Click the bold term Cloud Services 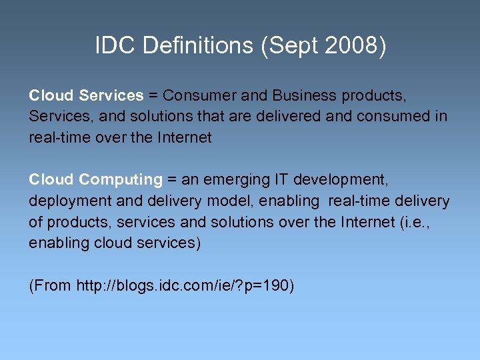86,95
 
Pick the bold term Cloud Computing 95,179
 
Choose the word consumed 396,117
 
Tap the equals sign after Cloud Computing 171,179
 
